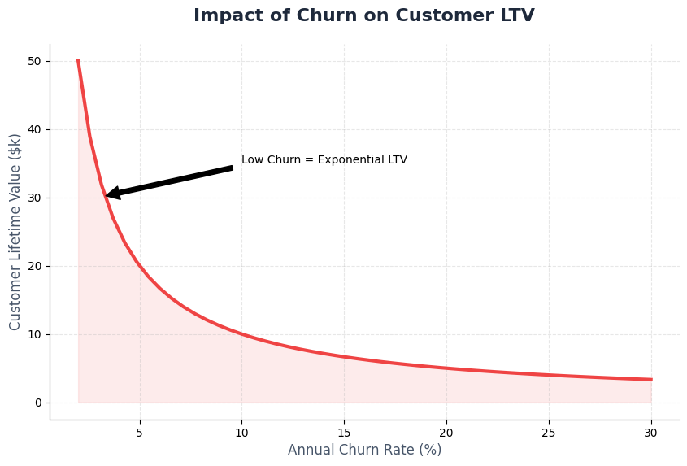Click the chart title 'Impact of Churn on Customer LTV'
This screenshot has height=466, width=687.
[x=363, y=16]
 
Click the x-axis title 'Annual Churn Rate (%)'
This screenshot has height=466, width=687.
[x=364, y=450]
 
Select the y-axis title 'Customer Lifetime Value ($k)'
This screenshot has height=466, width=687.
[x=15, y=232]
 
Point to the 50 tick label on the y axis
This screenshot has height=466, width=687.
[x=34, y=61]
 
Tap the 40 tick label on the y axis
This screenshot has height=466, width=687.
[x=34, y=129]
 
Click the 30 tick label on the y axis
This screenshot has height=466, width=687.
[x=34, y=198]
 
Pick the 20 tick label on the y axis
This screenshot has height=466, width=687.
[x=34, y=266]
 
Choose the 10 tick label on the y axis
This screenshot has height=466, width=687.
[x=34, y=334]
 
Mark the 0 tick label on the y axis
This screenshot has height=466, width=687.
[x=37, y=403]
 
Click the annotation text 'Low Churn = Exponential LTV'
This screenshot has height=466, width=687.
[x=324, y=160]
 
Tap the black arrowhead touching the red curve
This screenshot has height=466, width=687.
[x=112, y=194]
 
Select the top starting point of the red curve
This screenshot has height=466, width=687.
[x=78, y=61]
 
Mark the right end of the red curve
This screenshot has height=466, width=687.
[x=650, y=380]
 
